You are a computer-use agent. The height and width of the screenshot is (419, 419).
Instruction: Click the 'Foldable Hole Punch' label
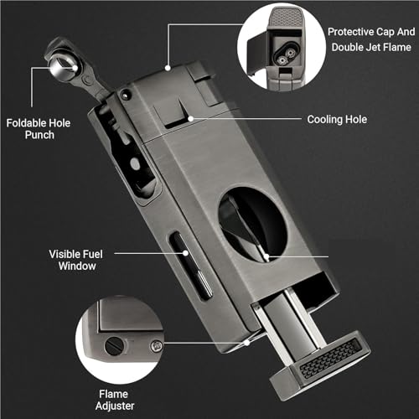tap(39, 129)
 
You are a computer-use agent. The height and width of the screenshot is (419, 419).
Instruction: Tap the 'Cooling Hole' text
tap(337, 120)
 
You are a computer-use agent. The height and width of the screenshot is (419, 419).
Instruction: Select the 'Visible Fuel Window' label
tap(76, 260)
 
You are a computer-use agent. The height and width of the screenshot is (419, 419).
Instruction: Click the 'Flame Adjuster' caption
tap(115, 400)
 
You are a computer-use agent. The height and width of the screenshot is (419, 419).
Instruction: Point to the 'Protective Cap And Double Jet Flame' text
tap(371, 39)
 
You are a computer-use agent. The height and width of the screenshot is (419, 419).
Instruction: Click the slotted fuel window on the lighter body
tap(191, 265)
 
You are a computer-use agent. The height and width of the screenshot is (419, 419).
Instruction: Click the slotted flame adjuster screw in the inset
tap(114, 346)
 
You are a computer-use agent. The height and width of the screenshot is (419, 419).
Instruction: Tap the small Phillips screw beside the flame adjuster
tap(157, 347)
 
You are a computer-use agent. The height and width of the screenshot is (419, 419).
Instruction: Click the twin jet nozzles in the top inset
tap(287, 56)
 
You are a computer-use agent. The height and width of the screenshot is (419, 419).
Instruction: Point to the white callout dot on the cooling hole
tap(191, 119)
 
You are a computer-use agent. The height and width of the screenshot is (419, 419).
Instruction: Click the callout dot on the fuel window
tap(185, 253)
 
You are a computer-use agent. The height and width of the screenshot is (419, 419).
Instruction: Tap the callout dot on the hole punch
tap(75, 67)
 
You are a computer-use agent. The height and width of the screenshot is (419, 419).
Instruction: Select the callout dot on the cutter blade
tap(266, 256)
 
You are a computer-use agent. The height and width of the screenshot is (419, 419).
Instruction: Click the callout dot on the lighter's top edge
tap(168, 68)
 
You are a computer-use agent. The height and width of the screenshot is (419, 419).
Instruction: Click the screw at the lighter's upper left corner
tap(126, 95)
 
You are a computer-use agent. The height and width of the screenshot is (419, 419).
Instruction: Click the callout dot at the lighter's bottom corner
tap(247, 343)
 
